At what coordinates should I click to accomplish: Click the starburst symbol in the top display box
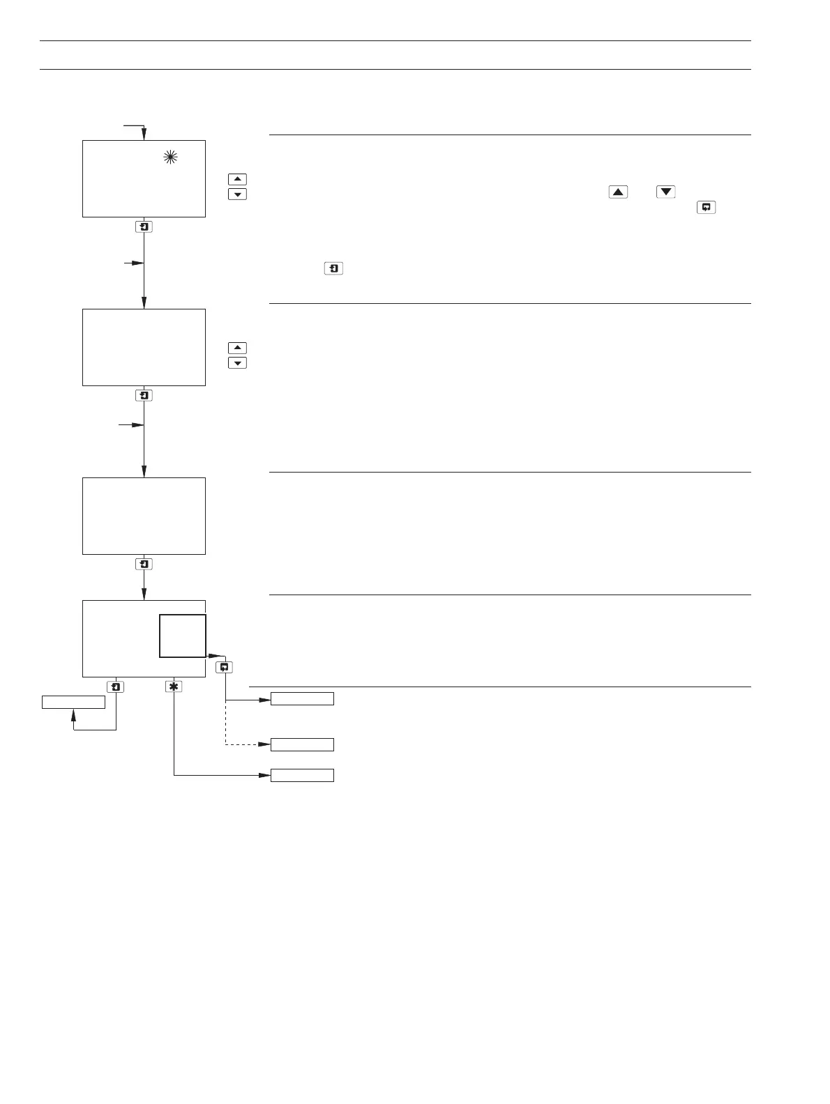coord(170,158)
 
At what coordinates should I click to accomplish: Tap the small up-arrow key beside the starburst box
coord(238,179)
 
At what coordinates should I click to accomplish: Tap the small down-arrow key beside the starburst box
coord(238,194)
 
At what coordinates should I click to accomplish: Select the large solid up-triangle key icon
coord(618,192)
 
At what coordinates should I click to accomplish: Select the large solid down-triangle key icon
coord(666,192)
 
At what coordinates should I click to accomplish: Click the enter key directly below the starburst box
coord(144,227)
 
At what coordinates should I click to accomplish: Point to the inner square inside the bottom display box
coord(183,636)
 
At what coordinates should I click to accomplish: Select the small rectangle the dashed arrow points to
coord(302,745)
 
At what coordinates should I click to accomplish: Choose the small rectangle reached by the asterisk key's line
coord(302,776)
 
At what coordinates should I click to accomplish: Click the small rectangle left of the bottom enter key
coord(73,702)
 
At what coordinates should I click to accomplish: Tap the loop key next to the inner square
coord(225,667)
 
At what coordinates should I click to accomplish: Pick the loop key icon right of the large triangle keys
coord(706,208)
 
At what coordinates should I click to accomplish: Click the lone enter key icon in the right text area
coord(334,268)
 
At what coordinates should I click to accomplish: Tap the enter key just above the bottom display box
coord(144,565)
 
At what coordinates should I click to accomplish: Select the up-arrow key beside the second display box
coord(238,348)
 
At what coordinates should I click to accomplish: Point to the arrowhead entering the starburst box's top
coord(144,136)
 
